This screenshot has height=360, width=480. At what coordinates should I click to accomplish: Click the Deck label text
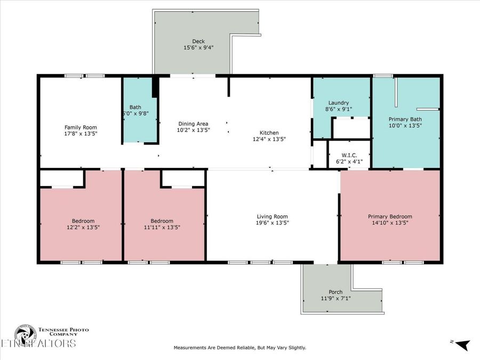198,41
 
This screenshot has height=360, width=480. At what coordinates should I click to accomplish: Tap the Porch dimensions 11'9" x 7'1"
335,298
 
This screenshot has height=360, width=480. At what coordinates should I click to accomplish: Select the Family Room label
81,127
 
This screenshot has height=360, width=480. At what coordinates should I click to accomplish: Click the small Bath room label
135,107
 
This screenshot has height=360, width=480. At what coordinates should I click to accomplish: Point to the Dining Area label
193,123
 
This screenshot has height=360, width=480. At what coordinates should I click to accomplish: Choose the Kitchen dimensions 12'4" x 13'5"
269,139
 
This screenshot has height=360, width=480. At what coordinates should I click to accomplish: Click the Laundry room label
338,102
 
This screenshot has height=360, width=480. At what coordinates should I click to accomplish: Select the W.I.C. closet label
349,156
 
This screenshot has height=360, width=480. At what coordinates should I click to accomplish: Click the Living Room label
272,217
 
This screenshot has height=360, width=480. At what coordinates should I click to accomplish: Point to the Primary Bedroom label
390,217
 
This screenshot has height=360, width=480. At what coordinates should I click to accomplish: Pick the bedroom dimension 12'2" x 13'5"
83,227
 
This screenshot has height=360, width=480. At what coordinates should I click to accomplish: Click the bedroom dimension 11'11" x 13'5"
162,227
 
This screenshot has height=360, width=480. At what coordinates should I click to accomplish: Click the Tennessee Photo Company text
63,332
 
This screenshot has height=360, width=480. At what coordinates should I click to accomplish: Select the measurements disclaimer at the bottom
240,348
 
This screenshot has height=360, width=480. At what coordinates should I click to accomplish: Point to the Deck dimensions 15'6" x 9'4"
198,47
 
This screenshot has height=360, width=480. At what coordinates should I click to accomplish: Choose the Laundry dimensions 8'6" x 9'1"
338,109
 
